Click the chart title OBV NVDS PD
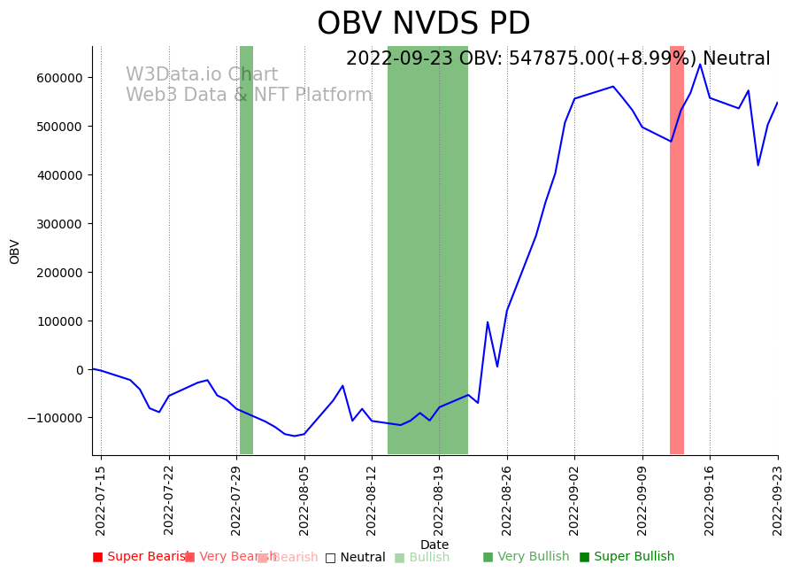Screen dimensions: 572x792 tap(423, 24)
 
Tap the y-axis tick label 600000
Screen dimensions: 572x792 tap(58, 78)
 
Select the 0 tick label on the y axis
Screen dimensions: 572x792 tap(80, 370)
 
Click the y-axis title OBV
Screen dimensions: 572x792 tap(15, 251)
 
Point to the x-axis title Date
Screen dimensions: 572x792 tap(434, 545)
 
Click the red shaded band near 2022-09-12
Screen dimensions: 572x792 tap(677, 250)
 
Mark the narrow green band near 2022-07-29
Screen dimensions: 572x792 tap(246, 250)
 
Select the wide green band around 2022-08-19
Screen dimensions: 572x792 tap(427, 250)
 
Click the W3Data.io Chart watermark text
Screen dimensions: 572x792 tap(202, 75)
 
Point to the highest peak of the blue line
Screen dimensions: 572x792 tap(700, 64)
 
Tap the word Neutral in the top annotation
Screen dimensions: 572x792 tap(736, 59)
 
